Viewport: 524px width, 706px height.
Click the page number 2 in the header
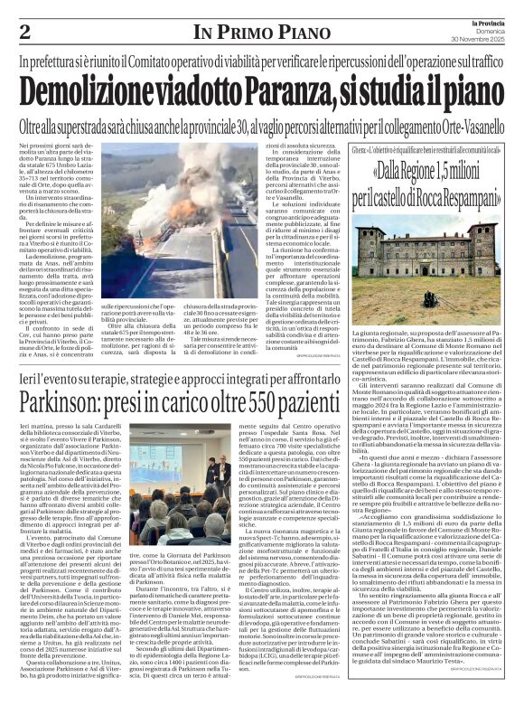point(24,31)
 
